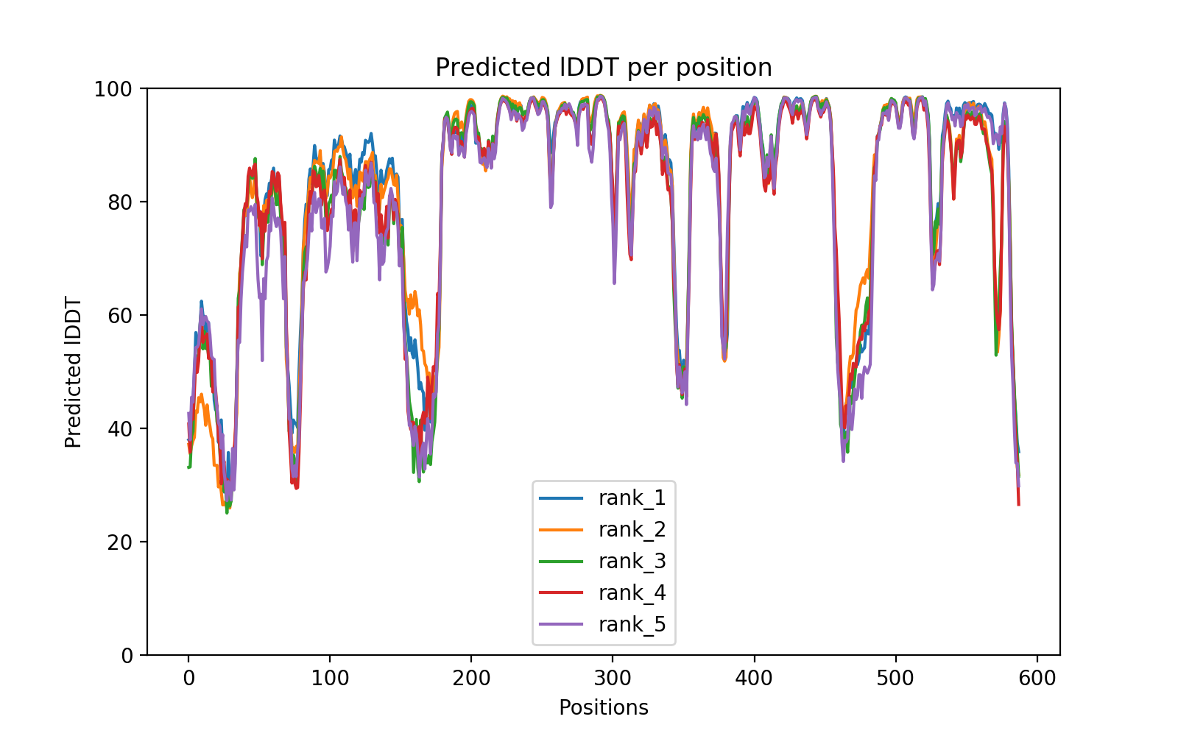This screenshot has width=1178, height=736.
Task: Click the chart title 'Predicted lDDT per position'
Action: click(x=604, y=68)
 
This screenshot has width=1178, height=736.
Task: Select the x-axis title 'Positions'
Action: click(x=604, y=708)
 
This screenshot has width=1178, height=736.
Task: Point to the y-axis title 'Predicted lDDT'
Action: click(x=73, y=372)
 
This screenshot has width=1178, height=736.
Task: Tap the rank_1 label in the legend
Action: click(x=632, y=498)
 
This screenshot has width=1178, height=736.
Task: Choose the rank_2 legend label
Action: click(x=632, y=530)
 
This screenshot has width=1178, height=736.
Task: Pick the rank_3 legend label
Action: click(x=632, y=562)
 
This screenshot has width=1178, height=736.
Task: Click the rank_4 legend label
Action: click(x=632, y=593)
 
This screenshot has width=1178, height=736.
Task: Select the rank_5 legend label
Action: click(x=632, y=625)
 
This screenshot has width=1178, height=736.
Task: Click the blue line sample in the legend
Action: click(x=561, y=498)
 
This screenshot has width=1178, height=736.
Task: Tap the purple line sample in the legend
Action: click(x=561, y=625)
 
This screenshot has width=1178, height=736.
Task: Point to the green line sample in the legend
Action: click(x=561, y=562)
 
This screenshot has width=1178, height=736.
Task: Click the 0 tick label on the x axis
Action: click(x=188, y=678)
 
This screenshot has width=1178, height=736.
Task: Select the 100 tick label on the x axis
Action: click(x=330, y=678)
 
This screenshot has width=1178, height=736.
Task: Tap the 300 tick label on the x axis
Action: click(x=613, y=678)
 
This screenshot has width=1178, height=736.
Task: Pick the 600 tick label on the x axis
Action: click(x=1037, y=678)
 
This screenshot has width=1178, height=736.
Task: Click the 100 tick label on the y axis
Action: click(x=113, y=89)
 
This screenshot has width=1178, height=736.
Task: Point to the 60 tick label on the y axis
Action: click(x=119, y=316)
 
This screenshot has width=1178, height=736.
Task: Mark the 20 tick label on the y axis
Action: click(x=119, y=542)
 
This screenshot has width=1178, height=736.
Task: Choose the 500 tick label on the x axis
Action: click(x=896, y=678)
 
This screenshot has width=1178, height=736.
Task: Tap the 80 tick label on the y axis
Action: click(x=119, y=202)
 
